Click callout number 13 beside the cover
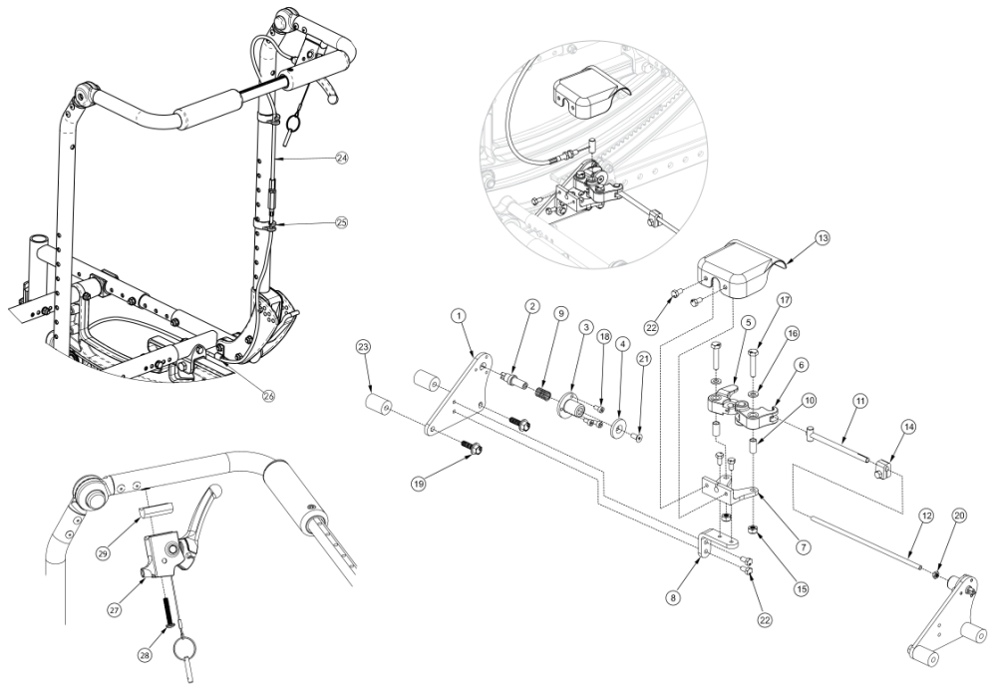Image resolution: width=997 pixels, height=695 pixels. [x=823, y=238]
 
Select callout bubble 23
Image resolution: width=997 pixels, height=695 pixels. [x=364, y=347]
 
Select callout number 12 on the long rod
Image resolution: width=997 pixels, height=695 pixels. [x=927, y=516]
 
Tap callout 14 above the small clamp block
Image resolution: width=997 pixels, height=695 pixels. [x=880, y=426]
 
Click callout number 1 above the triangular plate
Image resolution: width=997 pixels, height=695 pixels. [x=460, y=315]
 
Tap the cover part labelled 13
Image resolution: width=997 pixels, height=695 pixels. [x=739, y=267]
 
